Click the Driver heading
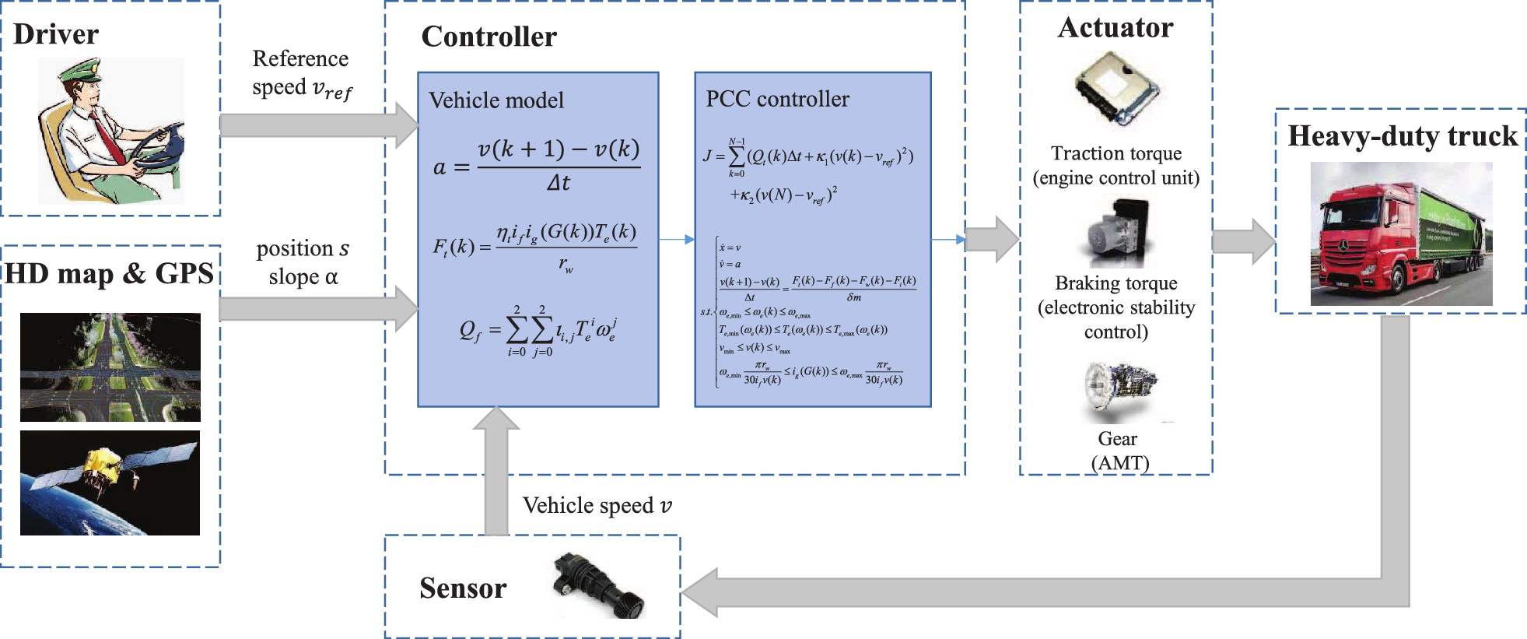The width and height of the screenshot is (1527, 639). [x=56, y=34]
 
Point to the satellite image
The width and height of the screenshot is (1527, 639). [x=110, y=483]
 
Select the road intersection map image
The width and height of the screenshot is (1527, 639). [x=110, y=367]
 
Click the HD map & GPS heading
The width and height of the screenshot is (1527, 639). [x=109, y=273]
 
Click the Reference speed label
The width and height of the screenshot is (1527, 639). [x=302, y=73]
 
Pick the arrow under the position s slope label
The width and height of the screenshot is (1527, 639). [x=319, y=309]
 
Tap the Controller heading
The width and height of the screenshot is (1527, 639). [x=489, y=37]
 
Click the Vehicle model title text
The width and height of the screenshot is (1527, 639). [x=496, y=100]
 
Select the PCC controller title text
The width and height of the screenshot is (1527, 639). [x=777, y=99]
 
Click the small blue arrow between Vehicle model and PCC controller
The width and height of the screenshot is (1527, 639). [x=676, y=240]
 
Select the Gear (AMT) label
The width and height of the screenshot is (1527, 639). [x=1119, y=451]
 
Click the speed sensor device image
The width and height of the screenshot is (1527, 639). [x=598, y=586]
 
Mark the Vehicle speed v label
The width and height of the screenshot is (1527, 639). [x=597, y=506]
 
